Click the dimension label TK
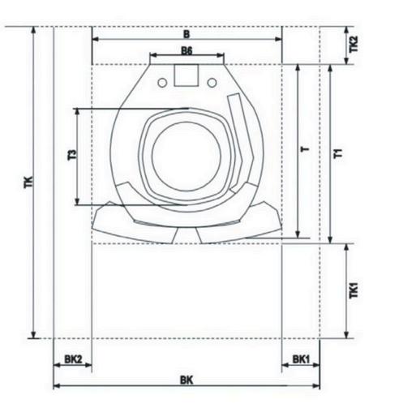(x=28, y=182)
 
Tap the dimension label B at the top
(x=187, y=34)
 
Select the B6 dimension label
(x=187, y=50)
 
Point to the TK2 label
(x=354, y=44)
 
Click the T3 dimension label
(x=72, y=155)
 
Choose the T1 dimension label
(x=338, y=153)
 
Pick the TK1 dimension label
(x=354, y=290)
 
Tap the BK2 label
(x=73, y=359)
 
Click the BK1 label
(x=301, y=359)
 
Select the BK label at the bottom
(x=187, y=380)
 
